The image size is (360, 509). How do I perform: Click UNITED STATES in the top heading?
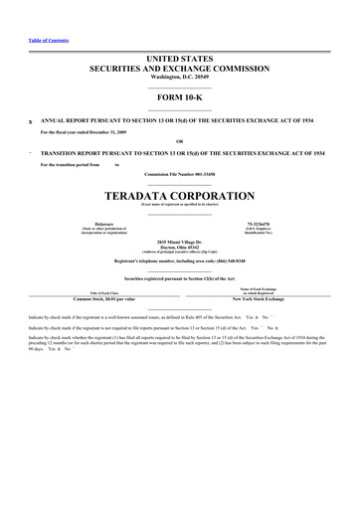pyautogui.click(x=179, y=60)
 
